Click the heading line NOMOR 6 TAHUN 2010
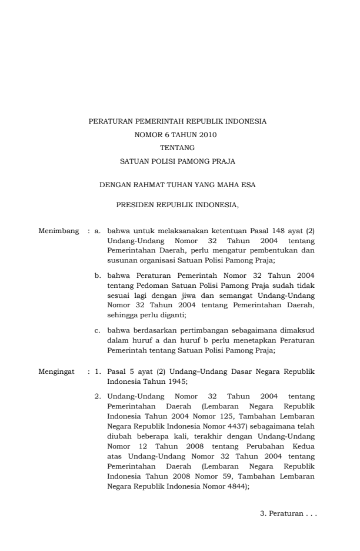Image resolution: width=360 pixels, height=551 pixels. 177,135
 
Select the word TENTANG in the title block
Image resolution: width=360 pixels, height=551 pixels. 177,147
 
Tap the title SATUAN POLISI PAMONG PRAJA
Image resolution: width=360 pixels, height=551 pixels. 177,160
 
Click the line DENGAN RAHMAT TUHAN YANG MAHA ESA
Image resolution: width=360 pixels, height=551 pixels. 177,184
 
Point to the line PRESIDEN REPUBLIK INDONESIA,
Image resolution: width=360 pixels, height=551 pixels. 177,206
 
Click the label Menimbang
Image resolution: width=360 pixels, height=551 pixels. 58,231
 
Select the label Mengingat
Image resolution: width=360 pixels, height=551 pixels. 58,372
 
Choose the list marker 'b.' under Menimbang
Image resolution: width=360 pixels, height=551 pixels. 98,274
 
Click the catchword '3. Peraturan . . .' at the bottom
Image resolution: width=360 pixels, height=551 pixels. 288,514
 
